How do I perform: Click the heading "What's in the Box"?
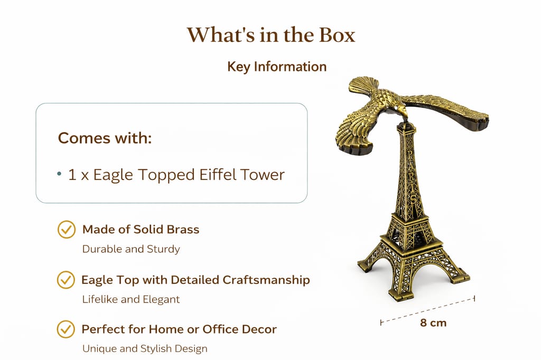(x=271, y=35)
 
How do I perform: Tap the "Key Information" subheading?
(x=277, y=67)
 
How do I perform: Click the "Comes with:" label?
(x=105, y=138)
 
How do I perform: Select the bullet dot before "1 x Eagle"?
(x=59, y=174)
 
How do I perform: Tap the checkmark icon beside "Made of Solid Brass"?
(x=66, y=229)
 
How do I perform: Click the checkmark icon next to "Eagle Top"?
(x=66, y=280)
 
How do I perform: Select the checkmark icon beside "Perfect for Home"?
(x=66, y=329)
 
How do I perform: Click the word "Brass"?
(x=183, y=229)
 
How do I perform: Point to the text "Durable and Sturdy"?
(x=131, y=249)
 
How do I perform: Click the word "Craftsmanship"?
(x=266, y=280)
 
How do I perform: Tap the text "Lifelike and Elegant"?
(x=131, y=299)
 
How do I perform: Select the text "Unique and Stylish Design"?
(x=145, y=348)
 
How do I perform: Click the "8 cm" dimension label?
(x=433, y=323)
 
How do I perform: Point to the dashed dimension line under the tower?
(x=428, y=310)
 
